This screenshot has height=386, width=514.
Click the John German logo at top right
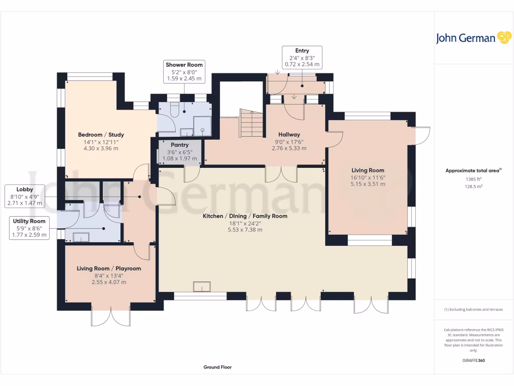coord(473,38)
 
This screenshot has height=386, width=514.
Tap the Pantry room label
coord(180,145)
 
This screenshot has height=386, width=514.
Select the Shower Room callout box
coord(184,71)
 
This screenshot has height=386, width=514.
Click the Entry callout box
coord(302,57)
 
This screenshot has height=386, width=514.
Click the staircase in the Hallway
coord(251,124)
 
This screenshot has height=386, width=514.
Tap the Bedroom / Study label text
coord(101,135)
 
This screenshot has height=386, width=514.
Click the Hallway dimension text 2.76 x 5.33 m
coord(289,148)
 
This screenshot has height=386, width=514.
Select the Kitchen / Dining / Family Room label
coord(245,216)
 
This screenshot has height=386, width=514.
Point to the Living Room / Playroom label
coord(109,268)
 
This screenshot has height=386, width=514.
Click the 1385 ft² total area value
coord(474,179)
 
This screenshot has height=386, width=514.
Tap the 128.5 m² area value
coord(474,186)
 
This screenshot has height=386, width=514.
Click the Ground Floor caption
coord(217,367)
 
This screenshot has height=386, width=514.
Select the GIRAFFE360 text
coord(474,360)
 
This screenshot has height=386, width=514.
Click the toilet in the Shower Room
coord(174,110)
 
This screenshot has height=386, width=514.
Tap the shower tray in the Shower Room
coord(202,126)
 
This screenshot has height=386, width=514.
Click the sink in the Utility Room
coord(81,237)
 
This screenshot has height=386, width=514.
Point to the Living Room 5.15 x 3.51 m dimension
coord(368,184)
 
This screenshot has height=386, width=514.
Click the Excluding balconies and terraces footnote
coord(474,310)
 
